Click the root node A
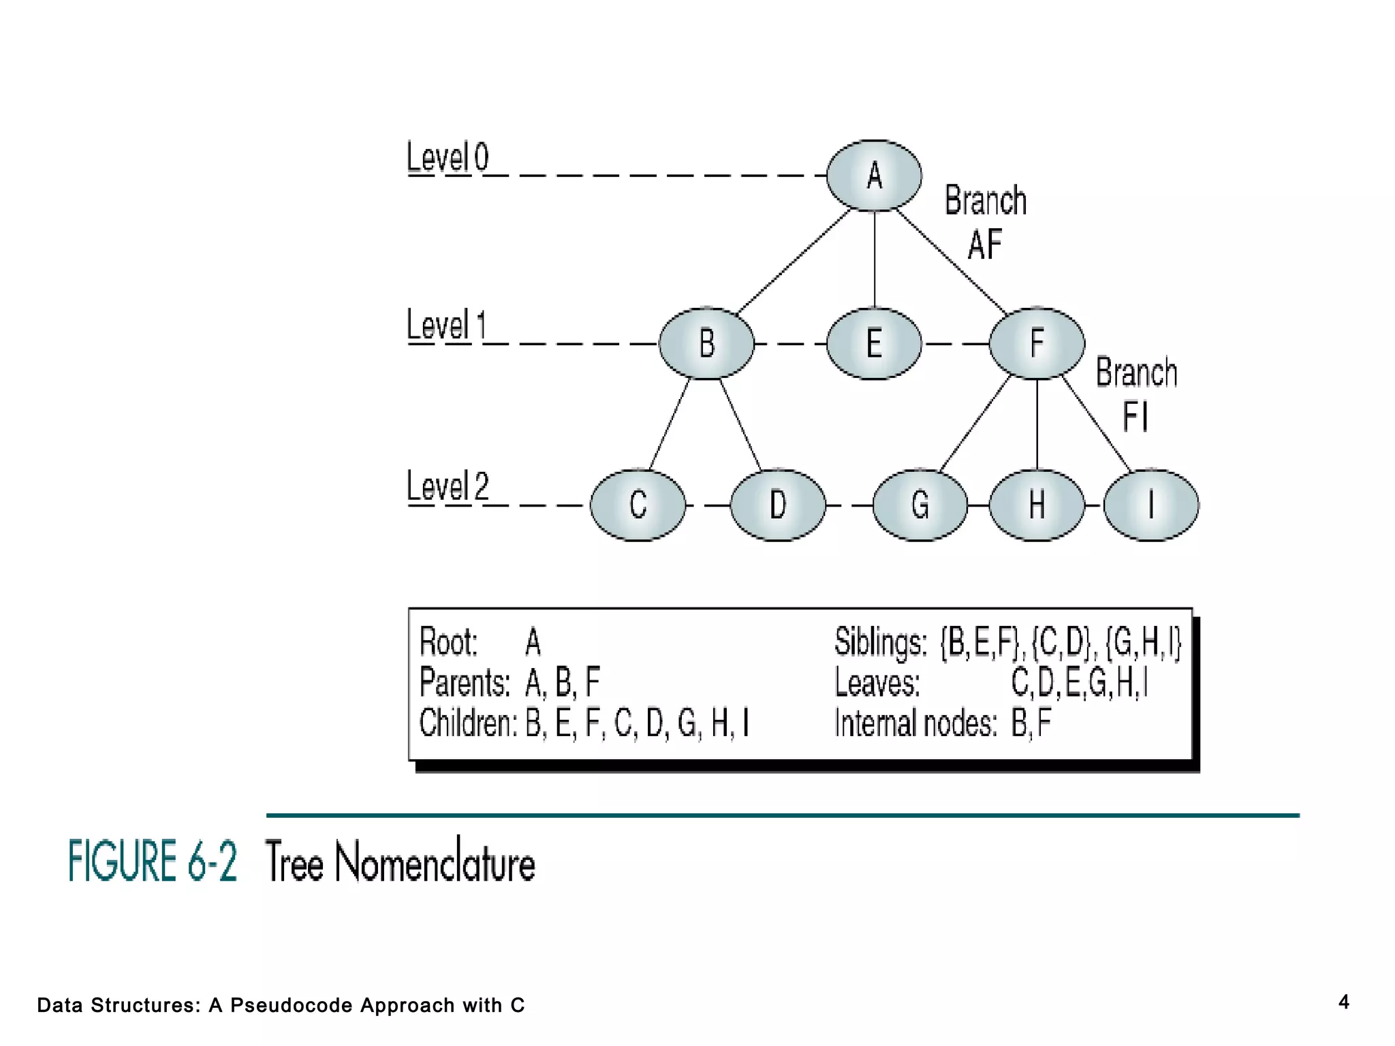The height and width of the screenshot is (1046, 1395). click(874, 176)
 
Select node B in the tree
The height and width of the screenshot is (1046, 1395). click(706, 343)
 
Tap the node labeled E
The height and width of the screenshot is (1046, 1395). click(874, 343)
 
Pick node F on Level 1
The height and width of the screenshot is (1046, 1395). click(1036, 343)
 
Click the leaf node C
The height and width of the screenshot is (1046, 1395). click(638, 505)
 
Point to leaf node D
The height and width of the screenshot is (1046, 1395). click(777, 505)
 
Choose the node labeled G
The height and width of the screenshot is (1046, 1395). click(920, 505)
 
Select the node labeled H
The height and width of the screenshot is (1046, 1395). click(1036, 505)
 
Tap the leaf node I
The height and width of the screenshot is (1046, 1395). click(1150, 505)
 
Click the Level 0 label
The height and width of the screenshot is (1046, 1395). click(448, 158)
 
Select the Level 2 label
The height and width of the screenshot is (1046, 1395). click(448, 487)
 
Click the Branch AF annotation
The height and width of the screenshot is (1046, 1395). click(985, 222)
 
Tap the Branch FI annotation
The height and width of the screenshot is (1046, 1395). click(1135, 395)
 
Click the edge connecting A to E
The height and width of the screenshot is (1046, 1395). click(875, 259)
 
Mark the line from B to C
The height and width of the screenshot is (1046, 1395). click(670, 424)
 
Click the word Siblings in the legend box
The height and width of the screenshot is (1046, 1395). click(880, 642)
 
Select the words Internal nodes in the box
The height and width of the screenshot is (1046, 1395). click(915, 723)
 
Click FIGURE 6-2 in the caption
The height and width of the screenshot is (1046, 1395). click(153, 861)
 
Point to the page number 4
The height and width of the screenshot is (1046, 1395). click(1343, 1002)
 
